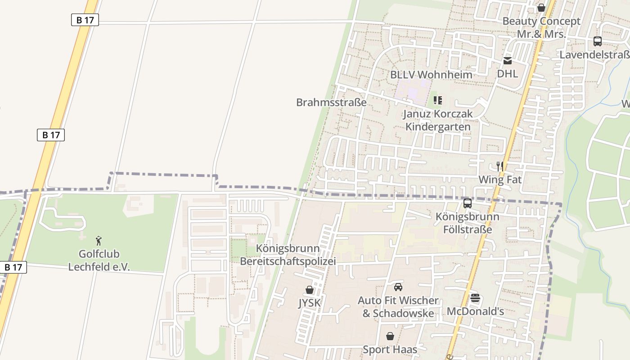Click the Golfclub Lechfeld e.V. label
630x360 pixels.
(99, 261)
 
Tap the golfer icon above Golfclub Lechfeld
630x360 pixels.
(99, 241)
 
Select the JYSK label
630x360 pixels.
(310, 303)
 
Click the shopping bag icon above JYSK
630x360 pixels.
(310, 290)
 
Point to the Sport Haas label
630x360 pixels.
(390, 349)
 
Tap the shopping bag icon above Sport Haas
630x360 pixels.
(390, 336)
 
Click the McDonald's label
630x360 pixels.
(475, 311)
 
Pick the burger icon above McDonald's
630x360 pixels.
(475, 298)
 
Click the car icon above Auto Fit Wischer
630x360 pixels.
(398, 287)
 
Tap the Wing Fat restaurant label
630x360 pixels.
(499, 180)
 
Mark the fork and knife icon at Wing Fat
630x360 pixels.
(499, 166)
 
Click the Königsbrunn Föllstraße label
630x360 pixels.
(467, 223)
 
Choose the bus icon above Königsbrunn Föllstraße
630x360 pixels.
(468, 203)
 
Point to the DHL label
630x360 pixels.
(507, 74)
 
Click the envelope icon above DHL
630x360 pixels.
(507, 61)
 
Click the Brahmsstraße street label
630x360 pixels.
(331, 102)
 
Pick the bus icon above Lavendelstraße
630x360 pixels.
(597, 41)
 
